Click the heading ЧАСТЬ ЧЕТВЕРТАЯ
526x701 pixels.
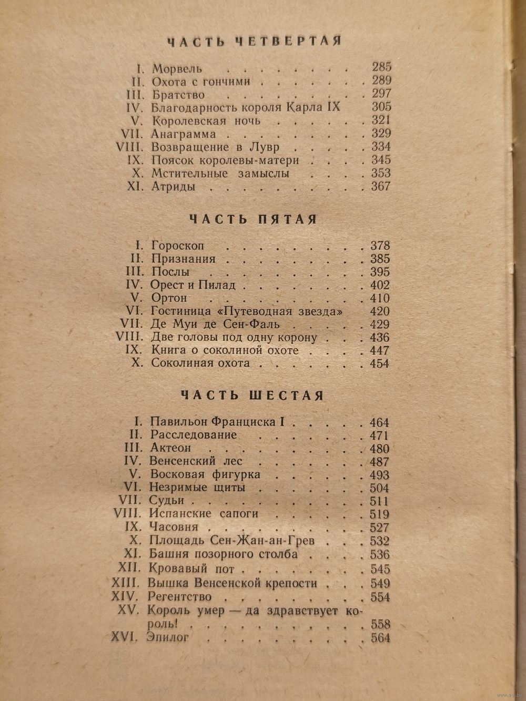coord(254,41)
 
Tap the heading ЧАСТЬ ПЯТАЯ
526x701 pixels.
coord(254,219)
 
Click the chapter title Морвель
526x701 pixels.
coord(177,69)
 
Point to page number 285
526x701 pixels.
coord(381,67)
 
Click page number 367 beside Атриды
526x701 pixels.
coord(380,186)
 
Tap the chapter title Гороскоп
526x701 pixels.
coord(177,246)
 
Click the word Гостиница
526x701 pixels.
coord(180,311)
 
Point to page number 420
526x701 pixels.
coord(379,311)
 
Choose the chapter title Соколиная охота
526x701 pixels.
coord(200,363)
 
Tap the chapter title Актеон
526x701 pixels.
coord(170,448)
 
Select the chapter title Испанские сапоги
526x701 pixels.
coord(204,514)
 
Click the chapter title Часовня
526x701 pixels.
coord(174,527)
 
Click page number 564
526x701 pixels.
coord(380,638)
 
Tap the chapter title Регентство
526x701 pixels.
coord(180,597)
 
